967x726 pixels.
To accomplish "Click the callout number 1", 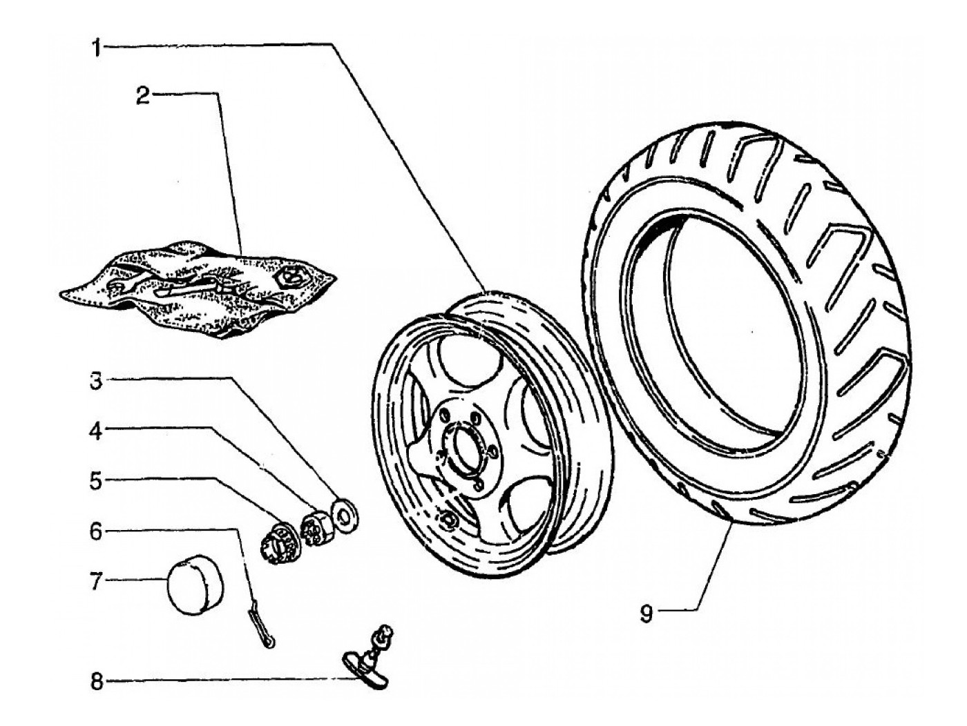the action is tap(97, 48).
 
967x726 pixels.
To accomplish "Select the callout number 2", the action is tap(143, 97).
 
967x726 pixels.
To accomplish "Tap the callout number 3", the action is tap(96, 382).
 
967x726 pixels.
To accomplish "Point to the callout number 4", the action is tap(96, 432).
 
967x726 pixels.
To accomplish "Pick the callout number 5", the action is tap(96, 482).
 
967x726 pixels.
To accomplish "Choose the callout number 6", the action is tap(96, 531).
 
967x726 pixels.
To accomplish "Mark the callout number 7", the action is tap(96, 582).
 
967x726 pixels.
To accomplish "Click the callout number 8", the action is tap(96, 682).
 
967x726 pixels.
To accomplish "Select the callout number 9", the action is tap(646, 614).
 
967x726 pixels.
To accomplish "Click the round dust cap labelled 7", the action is tap(195, 585).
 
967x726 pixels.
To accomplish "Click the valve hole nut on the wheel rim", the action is tap(448, 519).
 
